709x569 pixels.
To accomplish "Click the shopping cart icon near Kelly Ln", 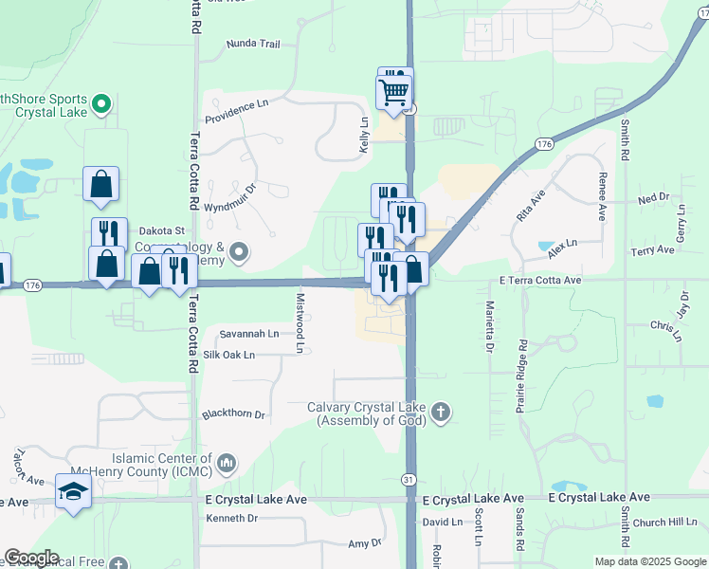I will coord(394,93).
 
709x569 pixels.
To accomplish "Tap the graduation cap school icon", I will coord(73,492).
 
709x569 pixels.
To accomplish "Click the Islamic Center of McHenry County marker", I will coord(226,463).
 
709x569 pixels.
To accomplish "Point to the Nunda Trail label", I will coord(254,44).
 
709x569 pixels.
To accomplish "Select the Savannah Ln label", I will coord(249,334).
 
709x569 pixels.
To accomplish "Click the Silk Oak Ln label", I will coord(229,355).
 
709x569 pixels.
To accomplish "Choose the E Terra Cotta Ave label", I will coord(540,281).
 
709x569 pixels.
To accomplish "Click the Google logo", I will coord(31,559).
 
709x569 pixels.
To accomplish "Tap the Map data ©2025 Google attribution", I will coord(648,561).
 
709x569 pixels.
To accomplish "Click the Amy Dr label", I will coord(364,543).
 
